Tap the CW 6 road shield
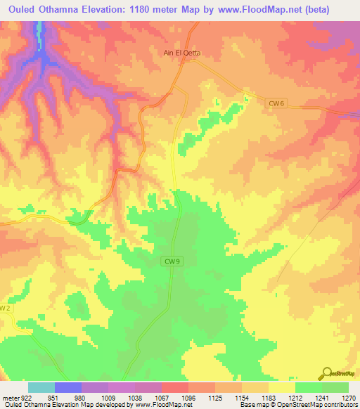coord(276,103)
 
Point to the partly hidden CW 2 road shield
coord(5,308)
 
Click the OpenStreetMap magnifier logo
coord(328,372)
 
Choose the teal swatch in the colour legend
coord(41,387)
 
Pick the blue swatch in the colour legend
coord(68,387)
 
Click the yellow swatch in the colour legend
coord(281,387)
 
